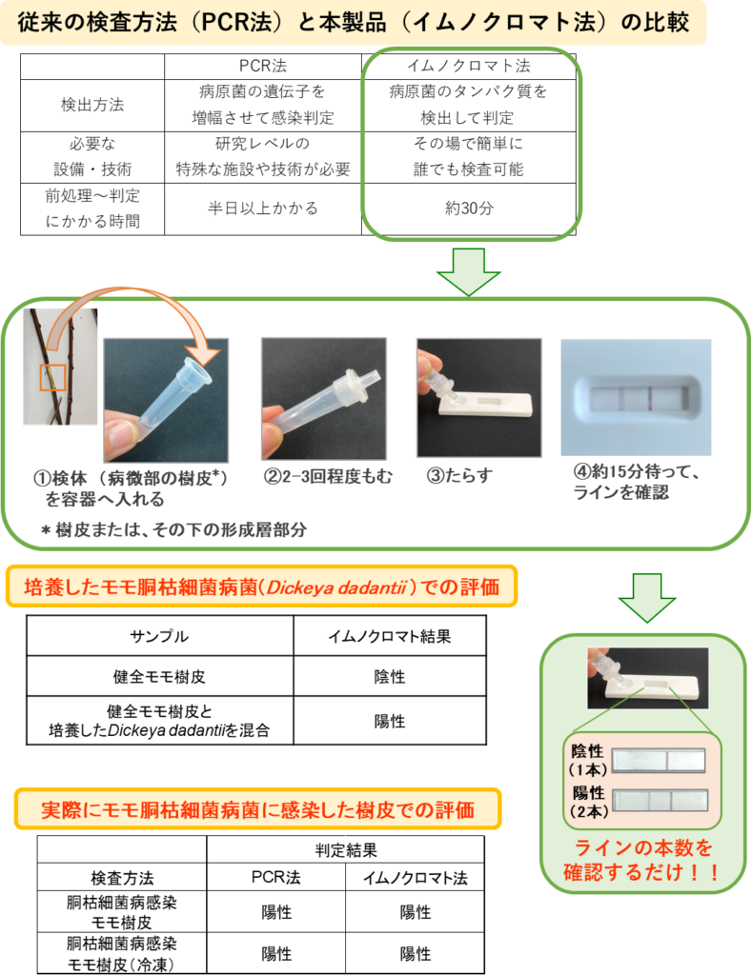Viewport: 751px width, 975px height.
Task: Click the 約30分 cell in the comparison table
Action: pos(469,209)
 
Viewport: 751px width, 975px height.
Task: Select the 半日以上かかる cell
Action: pos(263,209)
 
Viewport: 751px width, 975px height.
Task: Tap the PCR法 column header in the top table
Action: pos(263,66)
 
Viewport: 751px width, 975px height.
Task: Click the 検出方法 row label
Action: pos(92,105)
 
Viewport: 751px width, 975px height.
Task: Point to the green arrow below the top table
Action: pos(469,271)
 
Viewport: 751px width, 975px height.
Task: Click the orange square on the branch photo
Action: pos(52,378)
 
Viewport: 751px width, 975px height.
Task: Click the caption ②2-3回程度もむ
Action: pos(328,477)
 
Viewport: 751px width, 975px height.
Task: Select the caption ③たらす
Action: pos(459,476)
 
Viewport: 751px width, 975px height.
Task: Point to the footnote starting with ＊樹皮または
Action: pos(173,529)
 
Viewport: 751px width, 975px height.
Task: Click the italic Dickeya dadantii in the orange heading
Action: pos(336,587)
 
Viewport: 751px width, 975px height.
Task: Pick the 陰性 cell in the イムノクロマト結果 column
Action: pos(390,677)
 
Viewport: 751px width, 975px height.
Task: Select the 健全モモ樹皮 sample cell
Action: pos(159,677)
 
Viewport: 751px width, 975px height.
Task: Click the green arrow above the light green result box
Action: pos(647,598)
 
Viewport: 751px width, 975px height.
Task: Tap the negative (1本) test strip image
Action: pos(659,761)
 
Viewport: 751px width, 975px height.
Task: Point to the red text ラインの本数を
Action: pos(642,848)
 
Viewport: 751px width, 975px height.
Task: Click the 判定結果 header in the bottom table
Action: pos(345,850)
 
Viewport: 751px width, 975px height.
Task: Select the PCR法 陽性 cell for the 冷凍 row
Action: pos(276,954)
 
